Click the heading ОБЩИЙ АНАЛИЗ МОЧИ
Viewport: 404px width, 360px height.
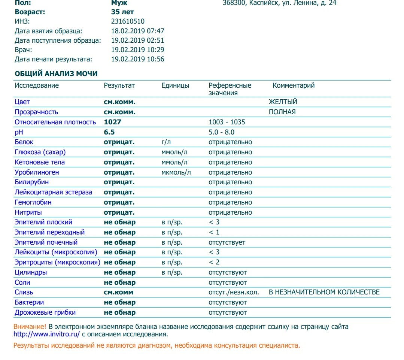pyautogui.click(x=56, y=74)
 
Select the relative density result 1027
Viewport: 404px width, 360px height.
pyautogui.click(x=112, y=122)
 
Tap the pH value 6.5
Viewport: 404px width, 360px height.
pyautogui.click(x=109, y=132)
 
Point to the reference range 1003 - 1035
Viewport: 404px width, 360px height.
pyautogui.click(x=227, y=122)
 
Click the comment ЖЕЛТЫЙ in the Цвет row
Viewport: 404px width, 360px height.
pyautogui.click(x=283, y=102)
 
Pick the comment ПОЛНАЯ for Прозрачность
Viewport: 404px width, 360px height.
pyautogui.click(x=282, y=112)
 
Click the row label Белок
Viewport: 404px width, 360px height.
pyautogui.click(x=24, y=142)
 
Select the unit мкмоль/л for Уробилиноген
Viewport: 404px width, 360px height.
pyautogui.click(x=176, y=172)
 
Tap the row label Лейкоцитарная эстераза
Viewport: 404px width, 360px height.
pyautogui.click(x=53, y=192)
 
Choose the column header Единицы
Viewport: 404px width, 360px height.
pyautogui.click(x=175, y=85)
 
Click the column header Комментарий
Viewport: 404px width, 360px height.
pyautogui.click(x=294, y=85)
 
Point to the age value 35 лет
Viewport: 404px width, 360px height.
pyautogui.click(x=122, y=12)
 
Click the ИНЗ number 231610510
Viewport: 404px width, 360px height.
pyautogui.click(x=128, y=21)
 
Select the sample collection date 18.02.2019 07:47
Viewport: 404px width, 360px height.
pyautogui.click(x=138, y=31)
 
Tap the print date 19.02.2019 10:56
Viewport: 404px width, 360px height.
pyautogui.click(x=138, y=59)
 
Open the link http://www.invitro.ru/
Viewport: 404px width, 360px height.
pyautogui.click(x=47, y=334)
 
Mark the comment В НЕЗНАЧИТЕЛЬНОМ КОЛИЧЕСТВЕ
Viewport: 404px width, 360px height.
pyautogui.click(x=324, y=292)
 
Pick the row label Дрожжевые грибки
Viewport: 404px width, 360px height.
pyautogui.click(x=45, y=312)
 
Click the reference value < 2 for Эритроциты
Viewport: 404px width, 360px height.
pyautogui.click(x=214, y=262)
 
